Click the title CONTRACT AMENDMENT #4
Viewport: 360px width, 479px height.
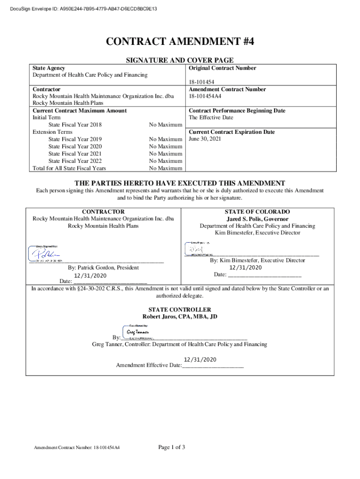click(180, 43)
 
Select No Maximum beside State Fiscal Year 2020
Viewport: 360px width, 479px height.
click(165, 146)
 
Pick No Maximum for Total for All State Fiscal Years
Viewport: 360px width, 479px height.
click(165, 168)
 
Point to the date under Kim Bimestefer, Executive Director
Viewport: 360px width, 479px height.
click(245, 268)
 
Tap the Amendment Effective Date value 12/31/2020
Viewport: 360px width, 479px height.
click(200, 359)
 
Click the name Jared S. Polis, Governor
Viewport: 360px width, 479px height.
click(257, 219)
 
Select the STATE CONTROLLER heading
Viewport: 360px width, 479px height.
click(180, 310)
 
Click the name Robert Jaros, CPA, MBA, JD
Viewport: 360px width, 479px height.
click(180, 317)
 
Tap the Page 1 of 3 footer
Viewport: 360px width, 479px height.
click(172, 447)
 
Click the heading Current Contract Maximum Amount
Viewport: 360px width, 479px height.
click(79, 110)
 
